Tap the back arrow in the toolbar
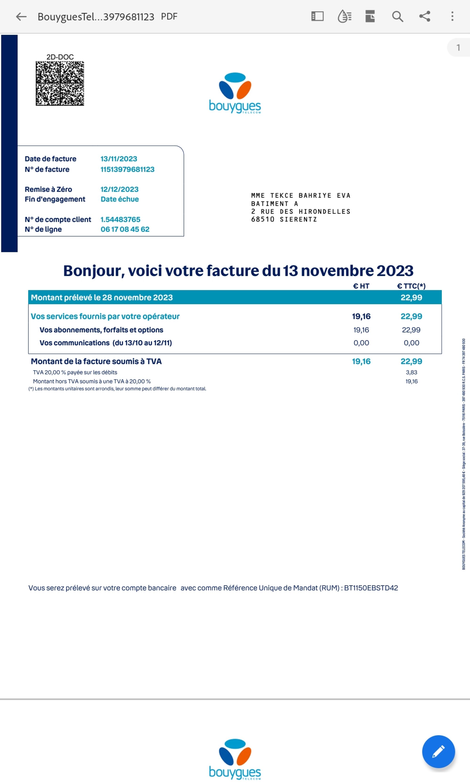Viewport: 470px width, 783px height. pos(21,16)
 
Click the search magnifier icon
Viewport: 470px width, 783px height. pos(397,16)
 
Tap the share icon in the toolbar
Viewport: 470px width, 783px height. pos(425,16)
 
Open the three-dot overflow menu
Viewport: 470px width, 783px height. pos(452,16)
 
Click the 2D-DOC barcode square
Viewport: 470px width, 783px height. pos(60,83)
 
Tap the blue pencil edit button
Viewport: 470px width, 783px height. pos(438,751)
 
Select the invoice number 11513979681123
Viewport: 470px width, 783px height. pos(127,169)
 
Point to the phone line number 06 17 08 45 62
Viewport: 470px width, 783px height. pos(125,229)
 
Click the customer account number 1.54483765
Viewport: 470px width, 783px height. pos(120,219)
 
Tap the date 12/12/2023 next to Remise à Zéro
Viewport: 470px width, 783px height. pos(119,189)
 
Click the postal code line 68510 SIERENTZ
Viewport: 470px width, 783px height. pos(284,219)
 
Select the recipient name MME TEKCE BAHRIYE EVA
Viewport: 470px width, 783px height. pos(301,196)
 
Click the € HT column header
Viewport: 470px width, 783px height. pos(361,286)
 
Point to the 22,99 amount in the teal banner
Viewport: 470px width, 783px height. pos(411,298)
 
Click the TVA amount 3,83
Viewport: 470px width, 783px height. pos(411,372)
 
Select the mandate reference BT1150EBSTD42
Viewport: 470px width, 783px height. pos(371,588)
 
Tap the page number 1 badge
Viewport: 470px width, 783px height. pos(458,47)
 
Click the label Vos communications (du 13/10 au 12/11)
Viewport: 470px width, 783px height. pos(106,343)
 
